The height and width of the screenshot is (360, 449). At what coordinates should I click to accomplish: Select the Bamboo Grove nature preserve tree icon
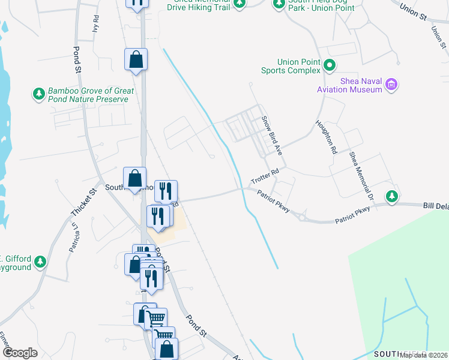point(39,94)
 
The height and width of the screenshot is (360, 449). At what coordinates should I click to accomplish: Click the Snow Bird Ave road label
point(272,133)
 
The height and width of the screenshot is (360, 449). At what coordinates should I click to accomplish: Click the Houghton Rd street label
point(325,137)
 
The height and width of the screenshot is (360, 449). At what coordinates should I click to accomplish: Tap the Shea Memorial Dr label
point(362,176)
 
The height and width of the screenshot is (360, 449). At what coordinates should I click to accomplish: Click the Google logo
point(20,353)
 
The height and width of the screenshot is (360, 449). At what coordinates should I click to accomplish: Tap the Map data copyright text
point(424,355)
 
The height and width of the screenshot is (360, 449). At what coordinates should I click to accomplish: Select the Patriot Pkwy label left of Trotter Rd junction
point(274,201)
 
